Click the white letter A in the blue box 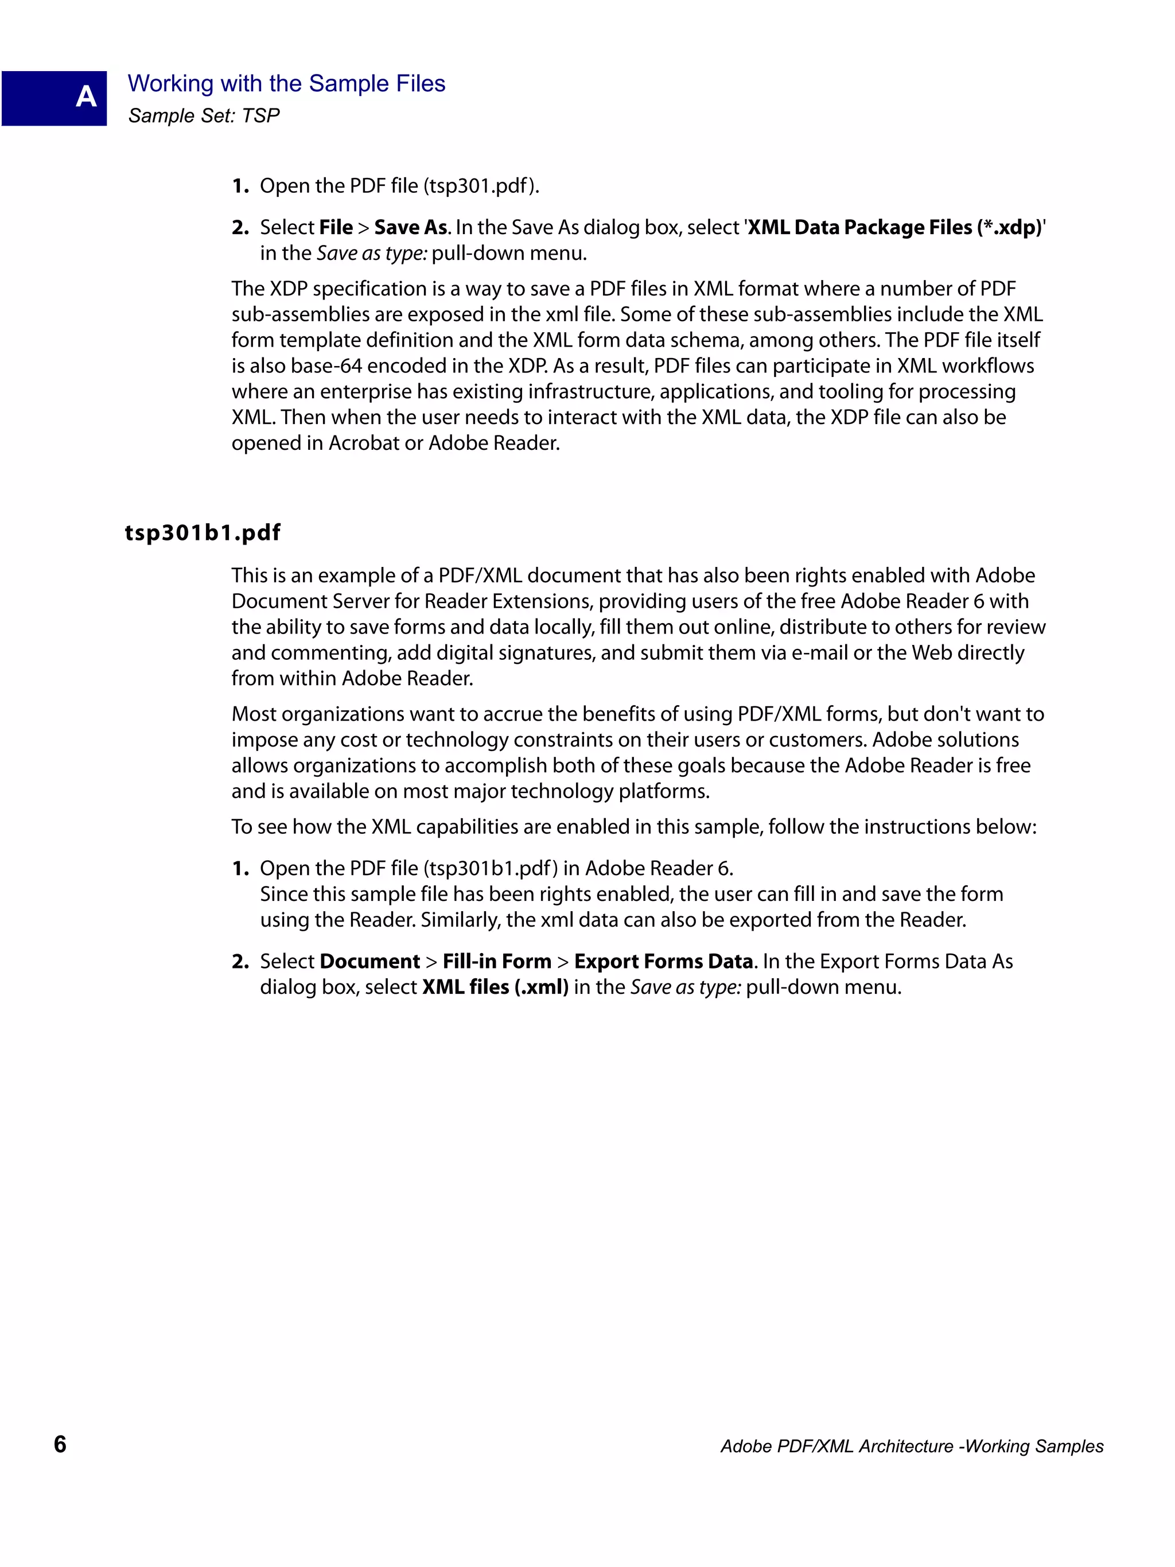[x=85, y=96]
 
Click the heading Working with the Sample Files [x=286, y=84]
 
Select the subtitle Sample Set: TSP [x=204, y=115]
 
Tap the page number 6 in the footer [x=60, y=1444]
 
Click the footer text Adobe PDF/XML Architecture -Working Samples [x=912, y=1447]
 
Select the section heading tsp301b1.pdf [x=203, y=532]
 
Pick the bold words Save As [x=411, y=227]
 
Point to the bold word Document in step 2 [x=369, y=961]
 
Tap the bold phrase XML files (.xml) [x=495, y=987]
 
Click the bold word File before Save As [x=336, y=227]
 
